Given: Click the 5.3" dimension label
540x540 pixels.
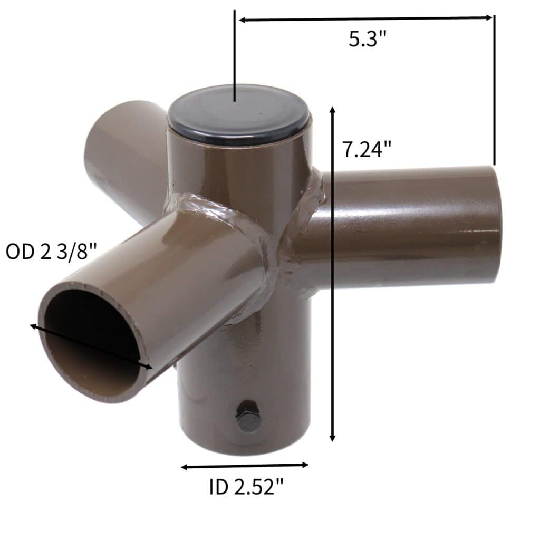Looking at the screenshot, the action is pos(368,39).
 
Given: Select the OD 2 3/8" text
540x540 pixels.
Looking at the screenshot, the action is pos(51,251).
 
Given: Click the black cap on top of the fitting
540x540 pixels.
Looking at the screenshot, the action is pos(239,114).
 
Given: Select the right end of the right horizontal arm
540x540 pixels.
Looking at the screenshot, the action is pos(496,224).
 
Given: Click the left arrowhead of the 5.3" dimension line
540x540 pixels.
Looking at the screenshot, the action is pos(242,20).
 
